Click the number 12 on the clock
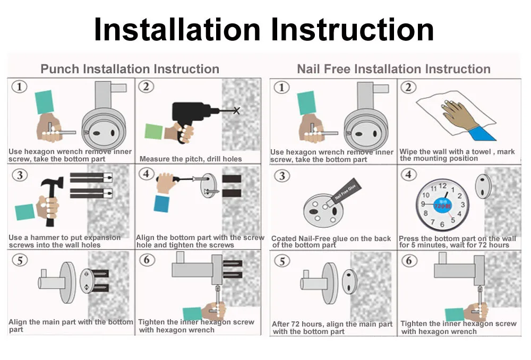coord(443,186)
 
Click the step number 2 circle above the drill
coord(147,87)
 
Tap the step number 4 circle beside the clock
coord(408,175)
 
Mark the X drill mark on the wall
coord(236,110)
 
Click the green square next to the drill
coord(154,131)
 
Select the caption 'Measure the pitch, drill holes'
coord(191,159)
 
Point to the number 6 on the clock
coord(442,225)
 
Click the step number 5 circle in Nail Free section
coord(282,261)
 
